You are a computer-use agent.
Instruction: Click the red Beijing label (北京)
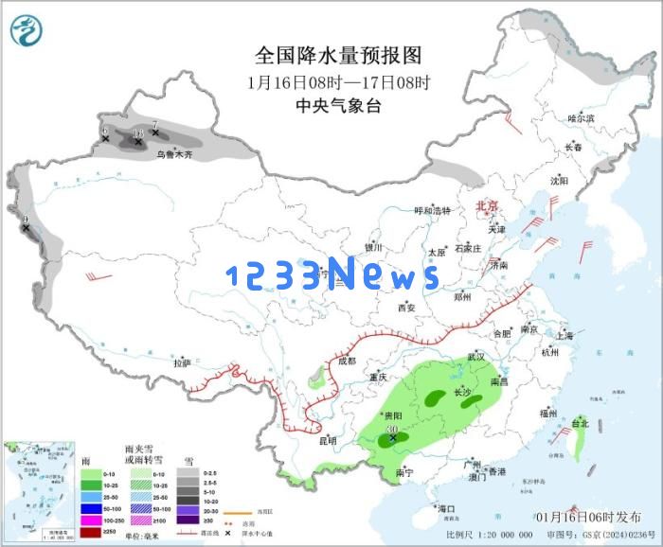click(486, 204)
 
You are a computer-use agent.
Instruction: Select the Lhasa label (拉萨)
click(182, 362)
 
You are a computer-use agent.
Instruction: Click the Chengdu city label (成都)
click(346, 361)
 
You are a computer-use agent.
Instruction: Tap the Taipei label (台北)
click(580, 424)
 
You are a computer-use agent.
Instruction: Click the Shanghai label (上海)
click(564, 336)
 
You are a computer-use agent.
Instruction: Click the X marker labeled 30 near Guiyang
click(392, 438)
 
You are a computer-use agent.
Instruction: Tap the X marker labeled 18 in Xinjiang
click(138, 140)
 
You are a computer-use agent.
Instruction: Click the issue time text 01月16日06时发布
click(587, 517)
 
